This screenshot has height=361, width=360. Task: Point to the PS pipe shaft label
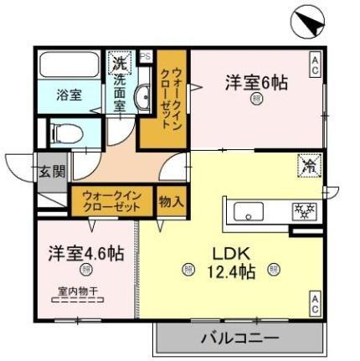pos(146,57)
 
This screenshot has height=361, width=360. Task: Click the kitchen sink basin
pos(249,209)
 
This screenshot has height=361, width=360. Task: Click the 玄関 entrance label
pos(49,173)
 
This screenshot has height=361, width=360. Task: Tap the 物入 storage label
pos(172,201)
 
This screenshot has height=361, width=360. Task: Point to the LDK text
pos(226,252)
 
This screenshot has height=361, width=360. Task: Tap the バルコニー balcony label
pos(238,339)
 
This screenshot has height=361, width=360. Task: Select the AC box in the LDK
pos(316,303)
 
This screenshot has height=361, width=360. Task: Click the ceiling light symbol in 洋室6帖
pos(257,100)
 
